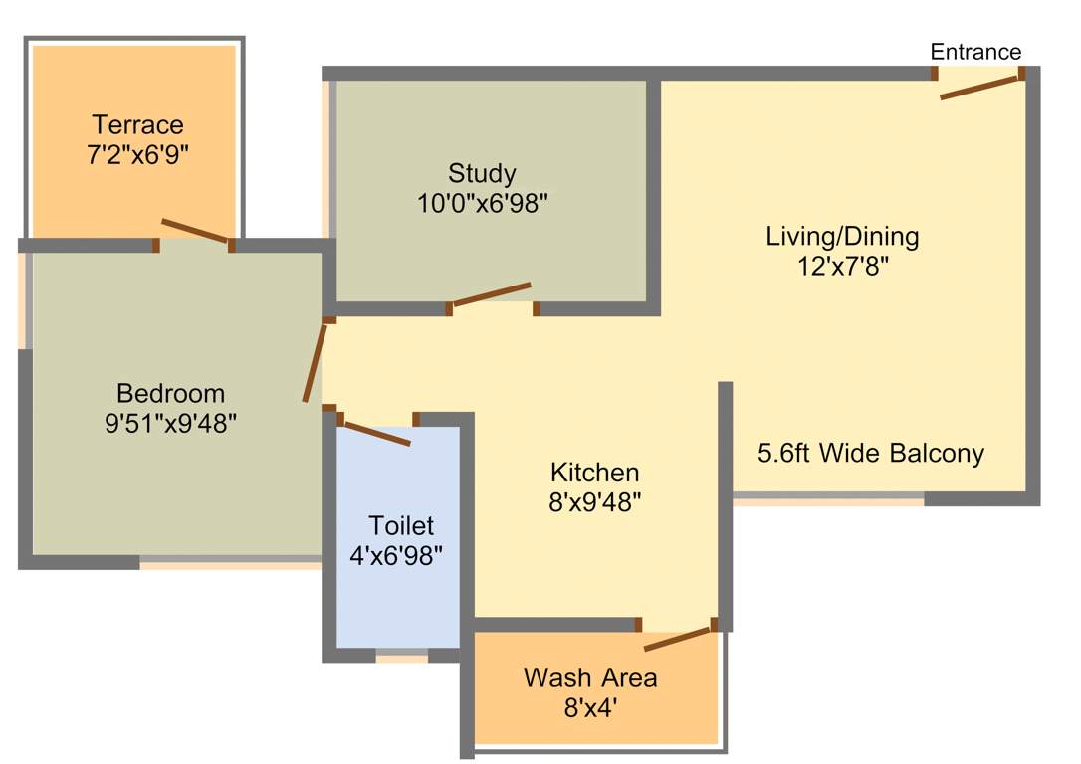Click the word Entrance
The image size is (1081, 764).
pyautogui.click(x=975, y=52)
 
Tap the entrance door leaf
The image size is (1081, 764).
pyautogui.click(x=981, y=87)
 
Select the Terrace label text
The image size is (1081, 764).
pyautogui.click(x=137, y=125)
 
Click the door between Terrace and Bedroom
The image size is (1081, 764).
pyautogui.click(x=195, y=231)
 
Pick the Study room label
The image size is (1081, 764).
pyautogui.click(x=482, y=174)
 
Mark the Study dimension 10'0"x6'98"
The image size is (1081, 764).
pyautogui.click(x=483, y=203)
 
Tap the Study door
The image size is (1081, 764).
pyautogui.click(x=491, y=294)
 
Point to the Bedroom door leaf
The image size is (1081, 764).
pyautogui.click(x=315, y=363)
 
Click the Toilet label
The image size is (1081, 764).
pyautogui.click(x=401, y=525)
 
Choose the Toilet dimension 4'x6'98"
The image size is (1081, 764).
pyautogui.click(x=396, y=555)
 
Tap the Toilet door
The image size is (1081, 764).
pyautogui.click(x=376, y=435)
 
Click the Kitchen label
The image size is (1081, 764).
pyautogui.click(x=595, y=472)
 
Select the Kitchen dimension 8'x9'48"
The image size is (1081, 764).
pyautogui.click(x=595, y=501)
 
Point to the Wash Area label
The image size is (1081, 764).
pyautogui.click(x=590, y=678)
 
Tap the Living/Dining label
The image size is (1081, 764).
pyautogui.click(x=842, y=237)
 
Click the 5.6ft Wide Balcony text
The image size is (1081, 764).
pyautogui.click(x=871, y=454)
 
